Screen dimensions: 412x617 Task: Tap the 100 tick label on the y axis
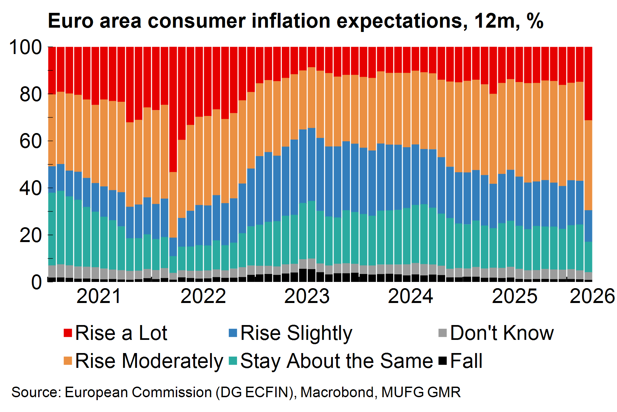(26, 47)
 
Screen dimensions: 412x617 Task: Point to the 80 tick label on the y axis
(31, 94)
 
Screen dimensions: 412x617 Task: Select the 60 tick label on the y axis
(31, 141)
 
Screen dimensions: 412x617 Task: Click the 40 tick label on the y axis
(31, 188)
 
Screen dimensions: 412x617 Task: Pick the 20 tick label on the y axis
(31, 235)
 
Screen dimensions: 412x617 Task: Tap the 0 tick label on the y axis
(36, 282)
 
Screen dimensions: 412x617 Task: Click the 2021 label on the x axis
(99, 296)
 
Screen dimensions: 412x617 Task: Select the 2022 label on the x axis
(203, 296)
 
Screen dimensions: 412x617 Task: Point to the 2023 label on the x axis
(307, 296)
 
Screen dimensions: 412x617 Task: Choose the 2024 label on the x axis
(410, 296)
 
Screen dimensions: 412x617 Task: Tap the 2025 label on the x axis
(514, 296)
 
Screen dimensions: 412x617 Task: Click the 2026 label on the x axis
(592, 296)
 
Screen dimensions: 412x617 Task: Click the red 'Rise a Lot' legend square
(68, 333)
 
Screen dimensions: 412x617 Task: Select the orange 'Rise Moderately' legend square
(68, 361)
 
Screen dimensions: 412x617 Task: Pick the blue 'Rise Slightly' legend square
(233, 333)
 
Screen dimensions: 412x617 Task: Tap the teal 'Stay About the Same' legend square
(233, 361)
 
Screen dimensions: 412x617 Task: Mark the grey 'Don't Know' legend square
(443, 333)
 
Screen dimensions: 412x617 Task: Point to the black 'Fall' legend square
(443, 361)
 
